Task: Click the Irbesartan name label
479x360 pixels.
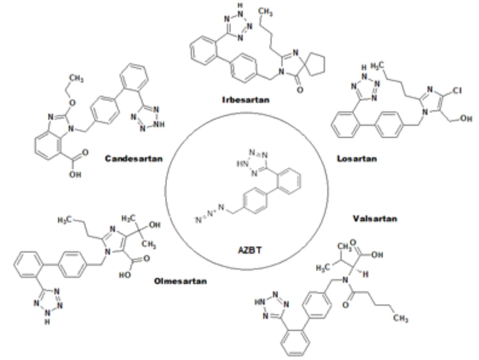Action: point(246,100)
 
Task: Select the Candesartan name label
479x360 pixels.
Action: point(134,158)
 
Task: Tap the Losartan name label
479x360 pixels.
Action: point(357,158)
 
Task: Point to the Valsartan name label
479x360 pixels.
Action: point(374,219)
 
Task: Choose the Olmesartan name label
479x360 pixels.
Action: point(180,281)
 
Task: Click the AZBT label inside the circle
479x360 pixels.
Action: point(249,250)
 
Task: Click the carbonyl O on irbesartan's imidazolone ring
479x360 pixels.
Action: point(299,90)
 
